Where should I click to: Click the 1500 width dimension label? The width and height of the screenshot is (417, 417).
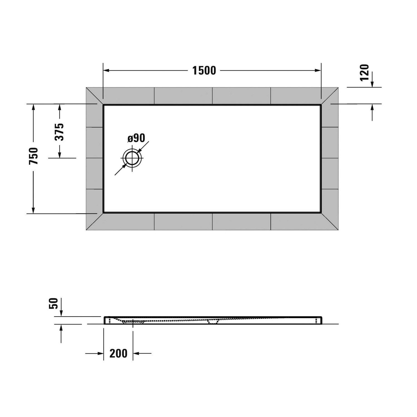coord(204,71)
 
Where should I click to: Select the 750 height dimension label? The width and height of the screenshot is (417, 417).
coord(33,156)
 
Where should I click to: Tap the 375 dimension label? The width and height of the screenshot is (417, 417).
coord(59,132)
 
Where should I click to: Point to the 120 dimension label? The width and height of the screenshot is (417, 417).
coord(364,73)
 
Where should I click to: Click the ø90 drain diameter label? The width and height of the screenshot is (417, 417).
coord(136,138)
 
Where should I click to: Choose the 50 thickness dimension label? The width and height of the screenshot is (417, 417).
coord(53,303)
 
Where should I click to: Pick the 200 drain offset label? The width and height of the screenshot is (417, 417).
coord(118,353)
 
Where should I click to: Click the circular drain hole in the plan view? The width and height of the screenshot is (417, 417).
coord(132,158)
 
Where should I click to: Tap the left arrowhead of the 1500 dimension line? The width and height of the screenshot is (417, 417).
coord(106,71)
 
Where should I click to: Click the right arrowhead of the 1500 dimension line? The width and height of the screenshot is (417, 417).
coord(318,71)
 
